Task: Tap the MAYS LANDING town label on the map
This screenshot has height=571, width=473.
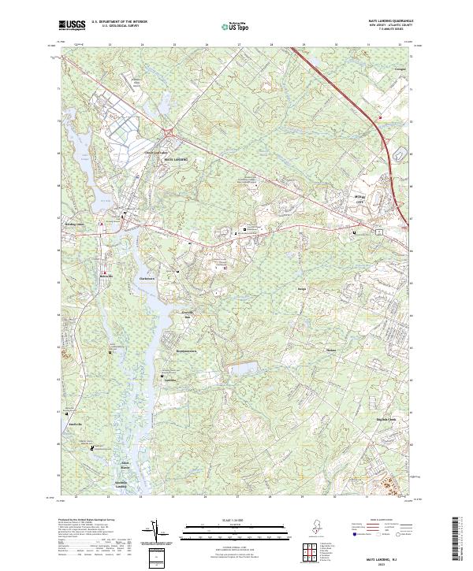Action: pyautogui.click(x=176, y=159)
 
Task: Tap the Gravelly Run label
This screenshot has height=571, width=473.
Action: pyautogui.click(x=188, y=316)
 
